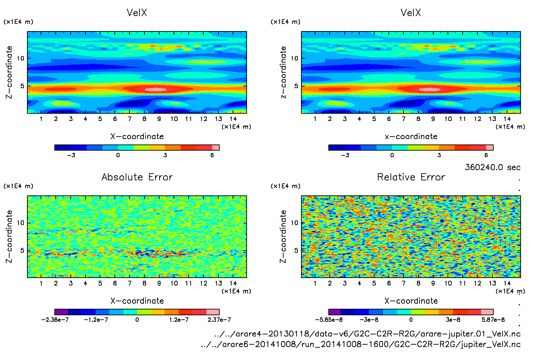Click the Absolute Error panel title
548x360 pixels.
(137, 177)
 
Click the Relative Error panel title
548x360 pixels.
(411, 177)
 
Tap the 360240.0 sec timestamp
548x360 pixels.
(492, 167)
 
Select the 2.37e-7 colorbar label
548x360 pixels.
(219, 320)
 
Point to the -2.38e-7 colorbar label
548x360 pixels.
(55, 320)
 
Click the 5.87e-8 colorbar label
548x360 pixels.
(493, 320)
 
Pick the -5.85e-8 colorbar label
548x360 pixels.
(329, 320)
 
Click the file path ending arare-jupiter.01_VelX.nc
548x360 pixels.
(367, 334)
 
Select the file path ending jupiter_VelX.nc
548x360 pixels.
(361, 344)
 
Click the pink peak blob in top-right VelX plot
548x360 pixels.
(430, 90)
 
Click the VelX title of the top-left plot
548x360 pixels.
(137, 13)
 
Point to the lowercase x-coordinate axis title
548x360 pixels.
(411, 137)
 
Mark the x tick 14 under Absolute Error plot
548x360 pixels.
(233, 283)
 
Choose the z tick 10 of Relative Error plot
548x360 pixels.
(294, 223)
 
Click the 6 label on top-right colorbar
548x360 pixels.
(486, 155)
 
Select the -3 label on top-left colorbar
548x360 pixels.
(71, 155)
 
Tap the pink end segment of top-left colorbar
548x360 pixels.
(216, 148)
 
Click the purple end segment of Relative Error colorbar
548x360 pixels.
(335, 312)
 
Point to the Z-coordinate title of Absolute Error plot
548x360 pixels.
(9, 236)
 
